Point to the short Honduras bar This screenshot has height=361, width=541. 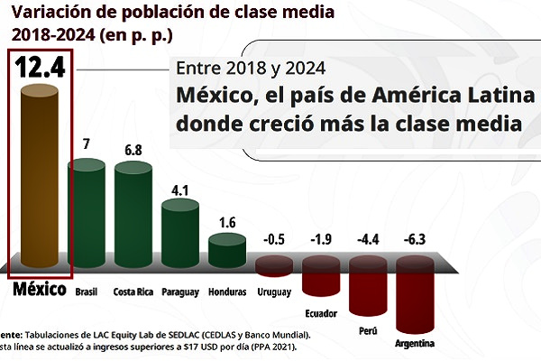coord(227,252)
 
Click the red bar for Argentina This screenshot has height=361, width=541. coord(415,294)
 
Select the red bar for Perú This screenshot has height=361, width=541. coord(368,285)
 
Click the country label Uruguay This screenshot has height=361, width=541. coord(273,291)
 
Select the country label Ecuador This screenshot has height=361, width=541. coord(321,314)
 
